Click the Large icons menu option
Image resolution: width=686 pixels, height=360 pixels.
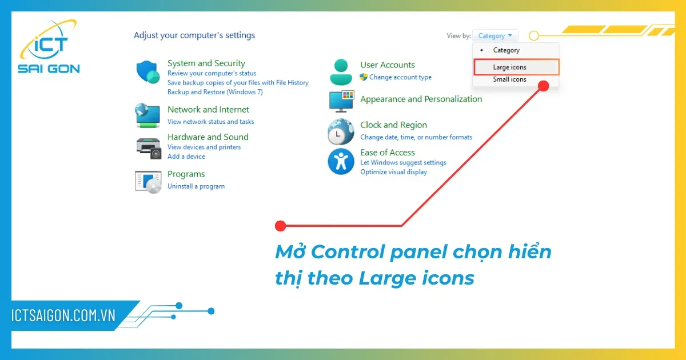510,67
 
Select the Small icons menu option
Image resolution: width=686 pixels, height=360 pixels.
510,79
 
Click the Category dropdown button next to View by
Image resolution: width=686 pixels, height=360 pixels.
495,36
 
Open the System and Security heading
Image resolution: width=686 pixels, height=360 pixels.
206,63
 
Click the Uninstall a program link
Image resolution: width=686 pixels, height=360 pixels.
196,186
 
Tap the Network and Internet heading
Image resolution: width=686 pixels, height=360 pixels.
208,110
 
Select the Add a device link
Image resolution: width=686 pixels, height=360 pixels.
186,157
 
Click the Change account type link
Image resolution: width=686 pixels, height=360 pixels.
400,77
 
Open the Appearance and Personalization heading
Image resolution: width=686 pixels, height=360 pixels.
421,99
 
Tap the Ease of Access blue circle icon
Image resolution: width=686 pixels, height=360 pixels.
341,161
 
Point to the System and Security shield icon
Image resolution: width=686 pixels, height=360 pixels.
148,72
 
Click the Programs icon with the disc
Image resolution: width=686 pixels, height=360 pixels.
148,181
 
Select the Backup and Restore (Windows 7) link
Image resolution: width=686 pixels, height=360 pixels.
215,92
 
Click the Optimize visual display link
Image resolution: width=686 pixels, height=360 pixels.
393,172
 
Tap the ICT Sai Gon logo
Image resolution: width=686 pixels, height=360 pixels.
48,48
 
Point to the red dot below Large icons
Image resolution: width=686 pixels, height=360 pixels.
544,86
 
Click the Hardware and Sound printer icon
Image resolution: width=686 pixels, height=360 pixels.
148,147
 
